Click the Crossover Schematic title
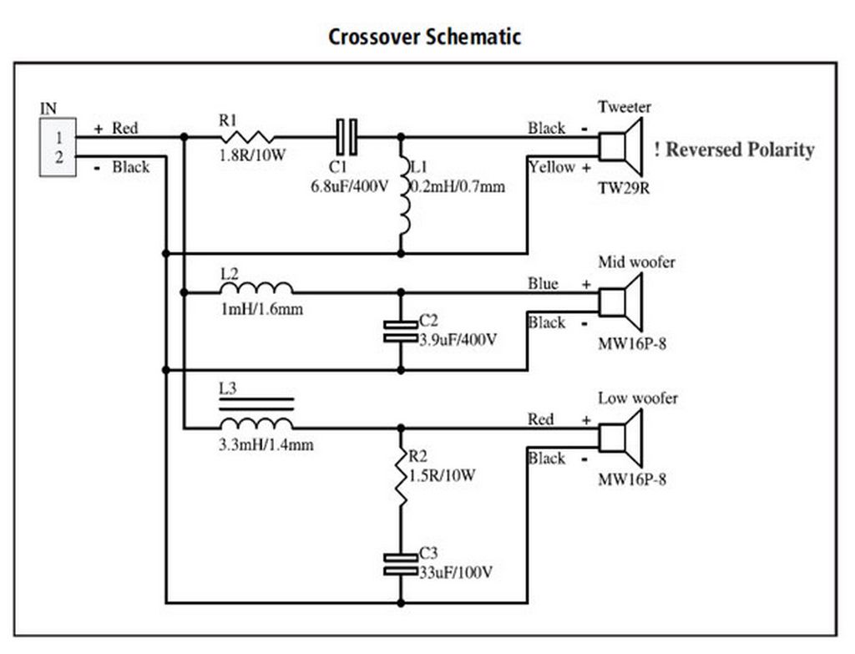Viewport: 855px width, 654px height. tap(425, 37)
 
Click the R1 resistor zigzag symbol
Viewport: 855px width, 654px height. tap(249, 137)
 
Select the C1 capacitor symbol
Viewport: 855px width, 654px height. tap(347, 137)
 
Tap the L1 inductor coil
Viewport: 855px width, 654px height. tap(404, 196)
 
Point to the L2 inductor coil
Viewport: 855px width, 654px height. tap(256, 288)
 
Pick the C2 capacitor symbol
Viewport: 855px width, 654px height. tap(401, 332)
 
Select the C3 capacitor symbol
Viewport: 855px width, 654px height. tap(401, 565)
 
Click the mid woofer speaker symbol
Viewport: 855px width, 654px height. tap(620, 302)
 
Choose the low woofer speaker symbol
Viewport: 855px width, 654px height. tap(620, 438)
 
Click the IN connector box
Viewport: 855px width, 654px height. tap(58, 147)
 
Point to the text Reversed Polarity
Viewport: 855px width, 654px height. tap(740, 150)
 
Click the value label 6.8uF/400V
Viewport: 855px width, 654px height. tap(350, 186)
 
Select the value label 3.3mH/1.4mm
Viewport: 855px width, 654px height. tap(266, 445)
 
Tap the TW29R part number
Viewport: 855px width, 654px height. tap(624, 188)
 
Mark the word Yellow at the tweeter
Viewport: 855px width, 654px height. tap(552, 167)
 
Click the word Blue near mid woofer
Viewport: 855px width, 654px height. tap(543, 284)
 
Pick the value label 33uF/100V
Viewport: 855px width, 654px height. tap(456, 572)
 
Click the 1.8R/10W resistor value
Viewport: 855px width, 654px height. tap(252, 155)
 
